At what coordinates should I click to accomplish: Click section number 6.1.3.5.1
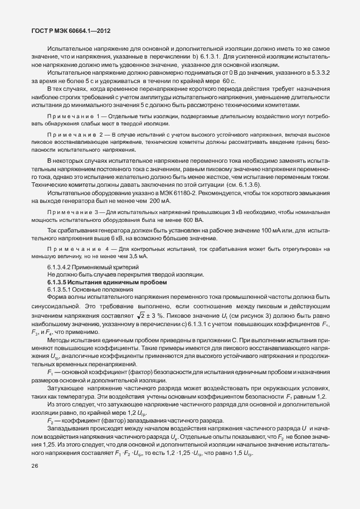pos(61,290)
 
